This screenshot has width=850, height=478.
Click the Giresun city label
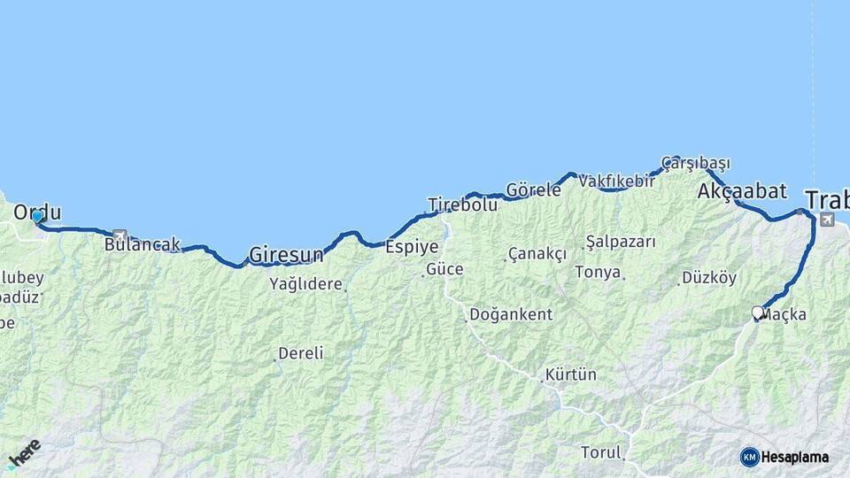(x=286, y=255)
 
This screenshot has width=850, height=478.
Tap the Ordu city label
(x=37, y=212)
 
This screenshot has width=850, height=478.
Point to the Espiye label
(x=406, y=248)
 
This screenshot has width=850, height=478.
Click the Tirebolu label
(x=463, y=204)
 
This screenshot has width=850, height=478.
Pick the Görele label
(x=533, y=189)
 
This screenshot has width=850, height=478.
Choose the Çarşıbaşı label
(x=696, y=163)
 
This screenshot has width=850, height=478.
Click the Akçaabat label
(x=742, y=190)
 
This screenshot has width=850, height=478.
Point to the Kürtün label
(x=571, y=374)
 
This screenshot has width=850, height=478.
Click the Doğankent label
(x=511, y=314)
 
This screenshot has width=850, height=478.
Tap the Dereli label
(x=300, y=353)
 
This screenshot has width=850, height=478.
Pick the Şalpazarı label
(x=620, y=241)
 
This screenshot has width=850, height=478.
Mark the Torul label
(x=601, y=452)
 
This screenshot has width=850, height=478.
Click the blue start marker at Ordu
(x=36, y=216)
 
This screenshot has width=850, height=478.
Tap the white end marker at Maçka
(x=757, y=312)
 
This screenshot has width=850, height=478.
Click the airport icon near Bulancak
(x=120, y=235)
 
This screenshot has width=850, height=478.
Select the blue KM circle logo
(x=749, y=457)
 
